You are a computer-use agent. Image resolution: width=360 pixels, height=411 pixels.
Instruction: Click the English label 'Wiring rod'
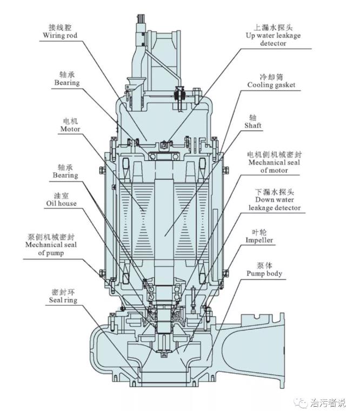coord(61,36)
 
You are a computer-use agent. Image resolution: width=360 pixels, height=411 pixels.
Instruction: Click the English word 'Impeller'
coord(259,240)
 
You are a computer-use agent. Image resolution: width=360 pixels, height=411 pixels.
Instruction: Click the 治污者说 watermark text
coord(328,402)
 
